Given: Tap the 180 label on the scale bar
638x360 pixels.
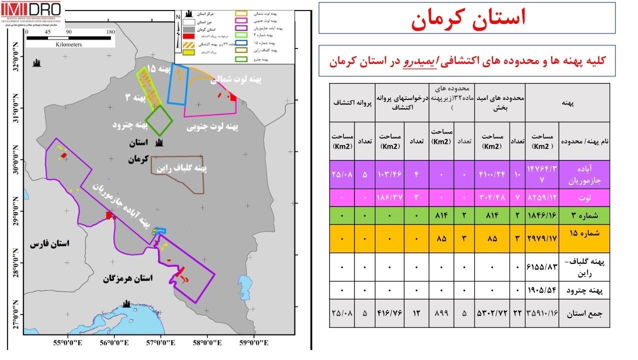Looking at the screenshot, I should pos(111,31).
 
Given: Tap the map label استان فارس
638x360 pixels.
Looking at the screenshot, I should pos(49,244).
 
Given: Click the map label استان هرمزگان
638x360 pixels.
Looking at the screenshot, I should pos(128,278).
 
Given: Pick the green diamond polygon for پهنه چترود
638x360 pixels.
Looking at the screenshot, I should pos(159,120).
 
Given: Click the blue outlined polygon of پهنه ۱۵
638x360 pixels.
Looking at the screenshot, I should pos(177,85).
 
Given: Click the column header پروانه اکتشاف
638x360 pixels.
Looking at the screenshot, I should pos(351,102).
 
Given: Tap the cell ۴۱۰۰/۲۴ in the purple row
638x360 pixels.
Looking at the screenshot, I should pos(491,174).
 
